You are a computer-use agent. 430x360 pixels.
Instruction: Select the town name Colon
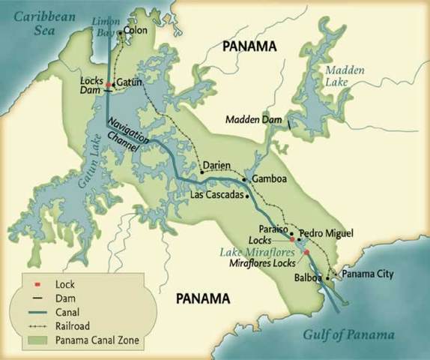pos(136,31)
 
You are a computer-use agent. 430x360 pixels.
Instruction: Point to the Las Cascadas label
pos(218,195)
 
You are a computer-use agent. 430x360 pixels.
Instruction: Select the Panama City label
pos(367,274)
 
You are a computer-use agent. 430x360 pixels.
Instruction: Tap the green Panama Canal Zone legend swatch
pos(37,340)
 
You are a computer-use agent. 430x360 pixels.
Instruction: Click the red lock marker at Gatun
pos(109,84)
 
